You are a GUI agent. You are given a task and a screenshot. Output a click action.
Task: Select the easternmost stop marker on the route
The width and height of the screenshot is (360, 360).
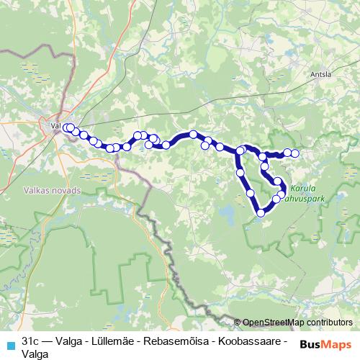point(294,153)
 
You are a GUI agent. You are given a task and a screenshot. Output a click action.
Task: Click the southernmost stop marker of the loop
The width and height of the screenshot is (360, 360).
point(261,212)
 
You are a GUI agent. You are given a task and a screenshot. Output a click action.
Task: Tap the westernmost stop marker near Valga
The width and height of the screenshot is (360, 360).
point(66,128)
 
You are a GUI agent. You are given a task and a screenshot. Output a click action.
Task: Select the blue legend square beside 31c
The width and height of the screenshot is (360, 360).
point(10,343)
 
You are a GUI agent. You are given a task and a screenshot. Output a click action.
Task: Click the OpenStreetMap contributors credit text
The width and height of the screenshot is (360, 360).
point(297,323)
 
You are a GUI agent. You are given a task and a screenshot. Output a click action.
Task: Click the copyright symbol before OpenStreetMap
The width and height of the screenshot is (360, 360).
point(238,323)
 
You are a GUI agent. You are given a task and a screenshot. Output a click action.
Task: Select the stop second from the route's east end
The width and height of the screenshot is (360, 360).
point(287,153)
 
